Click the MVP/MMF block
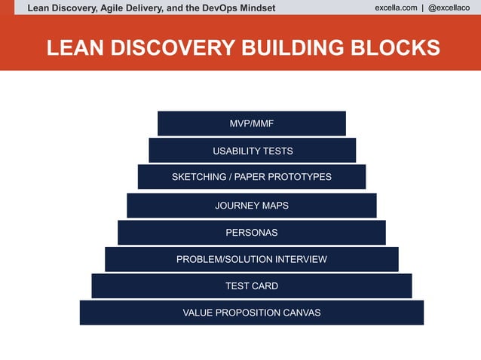251,124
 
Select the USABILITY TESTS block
252,151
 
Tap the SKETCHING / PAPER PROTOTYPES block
251,177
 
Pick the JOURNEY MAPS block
251,205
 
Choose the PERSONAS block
251,232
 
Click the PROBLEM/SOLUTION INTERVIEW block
251,259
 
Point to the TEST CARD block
251,285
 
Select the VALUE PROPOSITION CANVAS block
251,313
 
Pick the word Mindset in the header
255,8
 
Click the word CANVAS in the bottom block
299,313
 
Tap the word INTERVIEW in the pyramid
301,259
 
